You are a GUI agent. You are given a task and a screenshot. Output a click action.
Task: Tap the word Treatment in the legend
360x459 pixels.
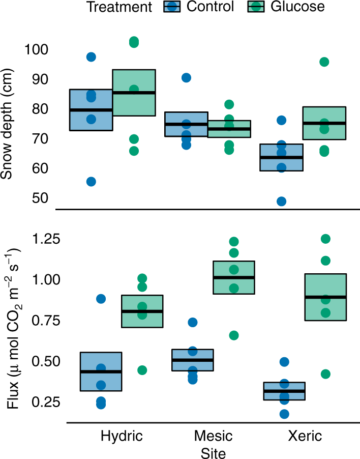point(119,7)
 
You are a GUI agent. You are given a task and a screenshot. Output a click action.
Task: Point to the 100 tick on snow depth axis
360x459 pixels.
point(36,50)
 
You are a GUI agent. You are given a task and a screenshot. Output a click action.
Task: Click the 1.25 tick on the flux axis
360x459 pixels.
point(32,239)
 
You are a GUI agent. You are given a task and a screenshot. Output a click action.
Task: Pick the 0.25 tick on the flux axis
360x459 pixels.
point(32,403)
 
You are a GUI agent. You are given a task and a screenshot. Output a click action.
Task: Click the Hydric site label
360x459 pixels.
point(122,436)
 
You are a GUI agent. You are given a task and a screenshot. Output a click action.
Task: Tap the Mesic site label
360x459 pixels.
point(213,436)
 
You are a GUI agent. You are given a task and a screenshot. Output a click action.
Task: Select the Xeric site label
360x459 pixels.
point(305,436)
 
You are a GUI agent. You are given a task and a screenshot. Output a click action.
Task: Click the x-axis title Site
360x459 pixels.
point(213,452)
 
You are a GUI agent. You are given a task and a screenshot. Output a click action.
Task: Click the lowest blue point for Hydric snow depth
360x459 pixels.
point(91,182)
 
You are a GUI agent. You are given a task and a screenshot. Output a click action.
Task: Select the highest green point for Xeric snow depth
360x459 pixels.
point(324,62)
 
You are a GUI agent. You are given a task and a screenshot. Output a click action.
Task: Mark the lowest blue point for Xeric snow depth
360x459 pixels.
point(281,202)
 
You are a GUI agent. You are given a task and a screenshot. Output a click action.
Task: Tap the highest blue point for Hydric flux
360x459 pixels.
point(101,299)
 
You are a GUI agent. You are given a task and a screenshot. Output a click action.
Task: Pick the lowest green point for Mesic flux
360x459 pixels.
point(233,335)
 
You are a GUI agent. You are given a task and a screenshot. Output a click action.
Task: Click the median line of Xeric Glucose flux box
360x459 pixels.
point(325,297)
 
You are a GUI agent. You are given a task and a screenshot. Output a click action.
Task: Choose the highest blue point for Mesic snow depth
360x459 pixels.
point(186,78)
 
